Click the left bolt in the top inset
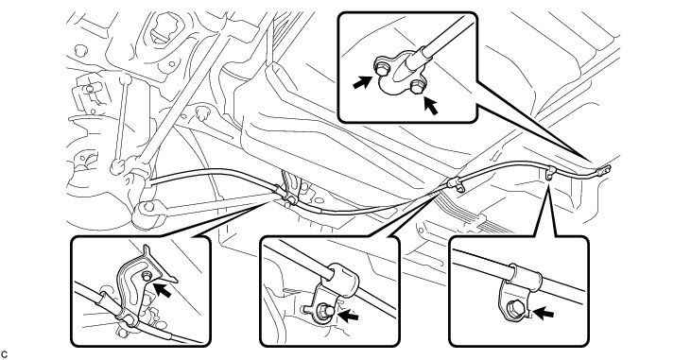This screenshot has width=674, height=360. [382, 68]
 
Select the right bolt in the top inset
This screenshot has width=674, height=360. [416, 86]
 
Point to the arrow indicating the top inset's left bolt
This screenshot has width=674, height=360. [362, 82]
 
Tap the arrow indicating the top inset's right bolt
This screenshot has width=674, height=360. [431, 106]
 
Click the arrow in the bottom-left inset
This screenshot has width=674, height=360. [163, 289]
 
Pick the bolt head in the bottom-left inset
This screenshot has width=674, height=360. [147, 277]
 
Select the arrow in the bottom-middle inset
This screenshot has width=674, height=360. [348, 316]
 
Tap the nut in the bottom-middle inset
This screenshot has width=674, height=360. [322, 310]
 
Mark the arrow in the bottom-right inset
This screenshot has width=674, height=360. [543, 313]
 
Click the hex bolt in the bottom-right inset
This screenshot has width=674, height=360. [514, 308]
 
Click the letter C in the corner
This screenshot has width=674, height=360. [5, 354]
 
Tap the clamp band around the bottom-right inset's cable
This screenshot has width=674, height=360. [527, 276]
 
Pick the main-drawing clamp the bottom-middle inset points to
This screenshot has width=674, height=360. [456, 184]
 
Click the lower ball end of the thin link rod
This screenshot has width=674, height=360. [116, 166]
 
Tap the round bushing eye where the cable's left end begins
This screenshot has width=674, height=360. [147, 209]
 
